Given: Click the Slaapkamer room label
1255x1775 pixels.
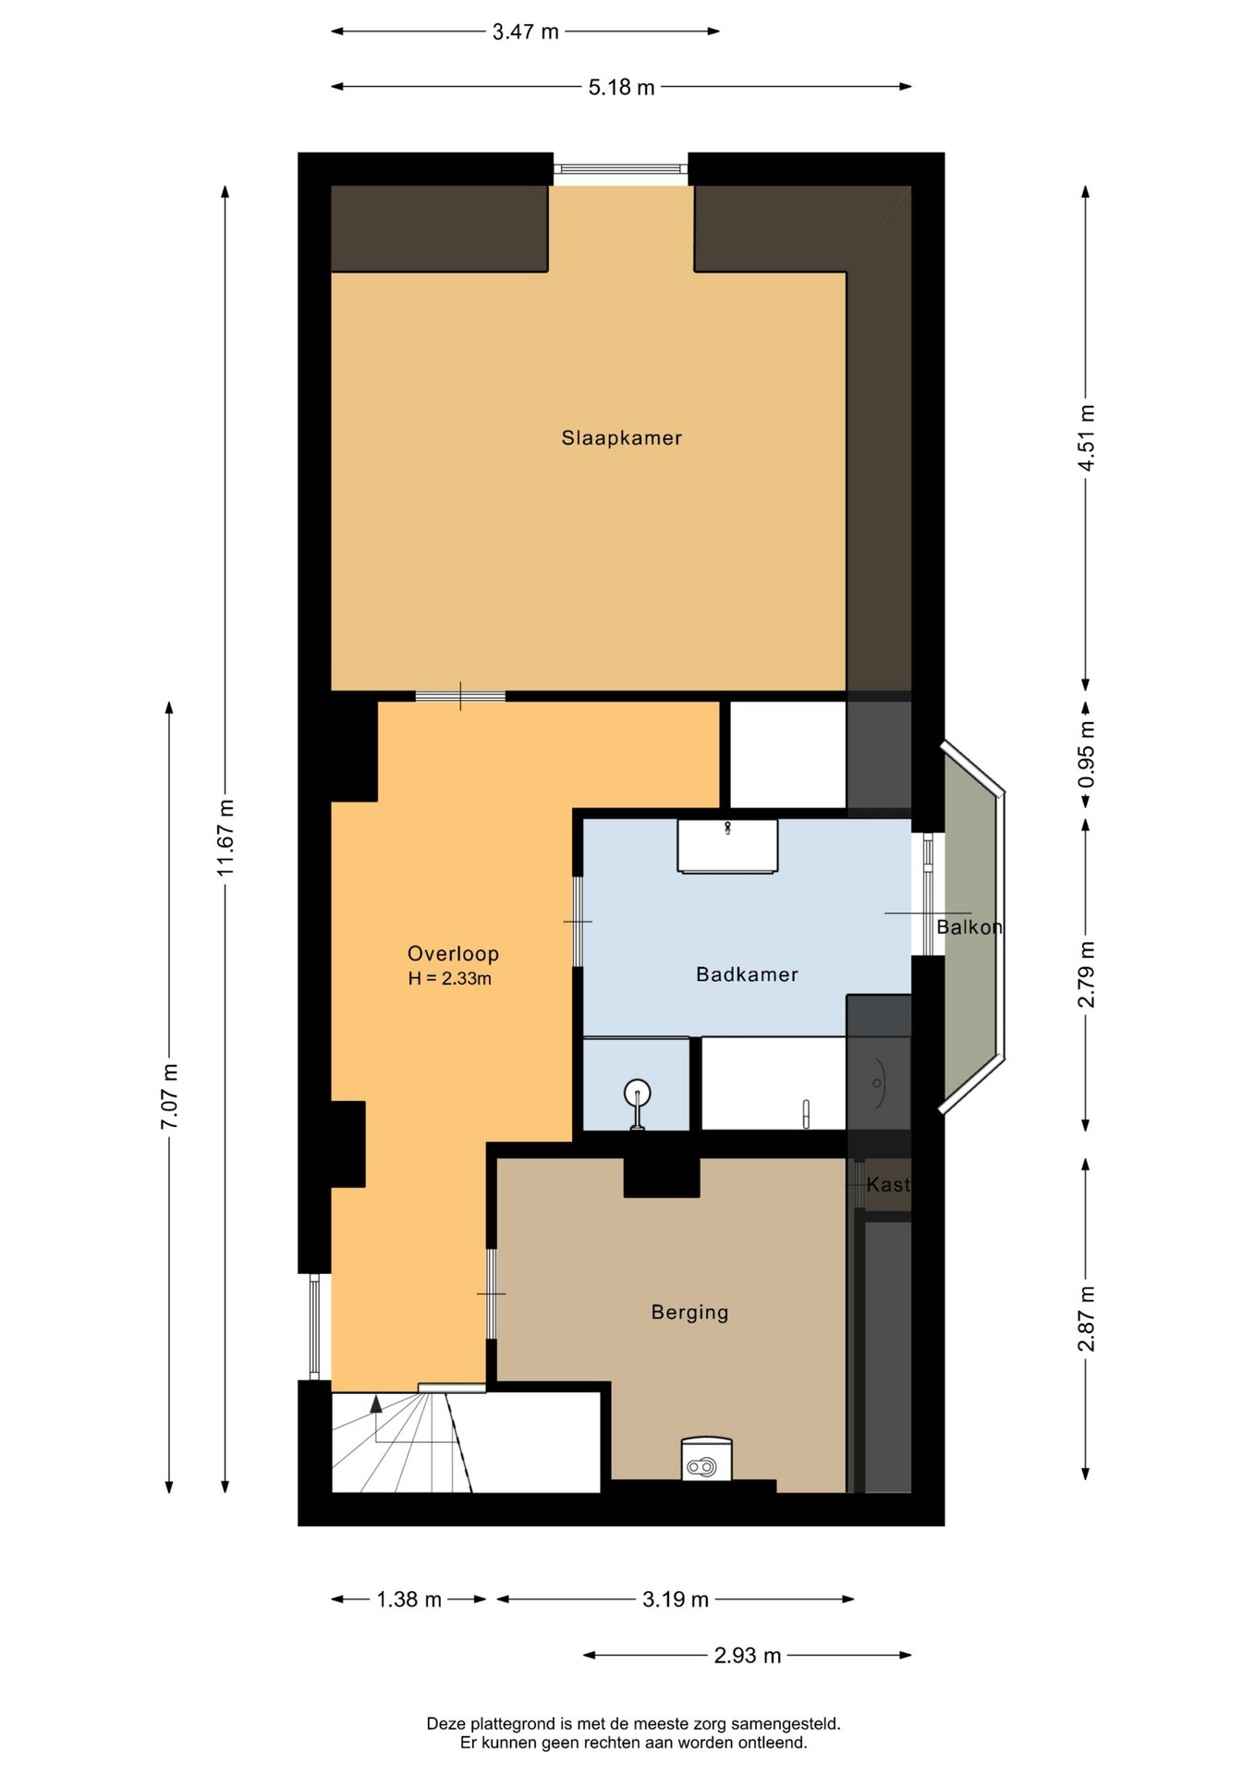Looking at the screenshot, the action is tap(621, 438).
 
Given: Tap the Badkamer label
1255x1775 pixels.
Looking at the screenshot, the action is tap(747, 974).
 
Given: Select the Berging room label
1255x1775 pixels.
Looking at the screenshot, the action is tap(689, 1313).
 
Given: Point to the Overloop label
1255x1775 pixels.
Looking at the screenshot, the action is tap(453, 953).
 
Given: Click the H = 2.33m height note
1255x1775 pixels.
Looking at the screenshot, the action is tap(450, 978).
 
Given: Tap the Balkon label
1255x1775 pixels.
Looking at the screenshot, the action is tap(969, 927).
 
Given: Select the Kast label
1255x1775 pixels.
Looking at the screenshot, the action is tap(888, 1184).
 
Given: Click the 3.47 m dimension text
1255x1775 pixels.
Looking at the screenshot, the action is tap(525, 31).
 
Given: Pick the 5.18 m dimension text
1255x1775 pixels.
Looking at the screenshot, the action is tap(621, 87).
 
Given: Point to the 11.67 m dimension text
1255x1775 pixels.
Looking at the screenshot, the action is tap(225, 838).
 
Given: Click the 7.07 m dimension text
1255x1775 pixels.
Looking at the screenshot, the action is tap(170, 1096).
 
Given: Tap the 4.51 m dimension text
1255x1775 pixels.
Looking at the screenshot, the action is tap(1087, 437).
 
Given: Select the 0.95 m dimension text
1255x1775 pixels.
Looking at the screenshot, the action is tap(1087, 754).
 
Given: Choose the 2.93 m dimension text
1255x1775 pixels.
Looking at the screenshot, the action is tap(747, 1655).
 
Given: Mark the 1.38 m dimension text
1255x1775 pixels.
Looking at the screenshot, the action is tap(408, 1598).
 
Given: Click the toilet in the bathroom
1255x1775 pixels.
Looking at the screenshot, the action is tap(637, 1103).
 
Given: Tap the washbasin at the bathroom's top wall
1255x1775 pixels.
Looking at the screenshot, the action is tap(727, 845).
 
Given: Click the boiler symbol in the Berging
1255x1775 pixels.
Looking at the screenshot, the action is tap(706, 1458).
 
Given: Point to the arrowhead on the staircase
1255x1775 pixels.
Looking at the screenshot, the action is tap(376, 1403).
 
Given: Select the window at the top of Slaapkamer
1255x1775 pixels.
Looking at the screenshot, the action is tap(620, 169).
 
